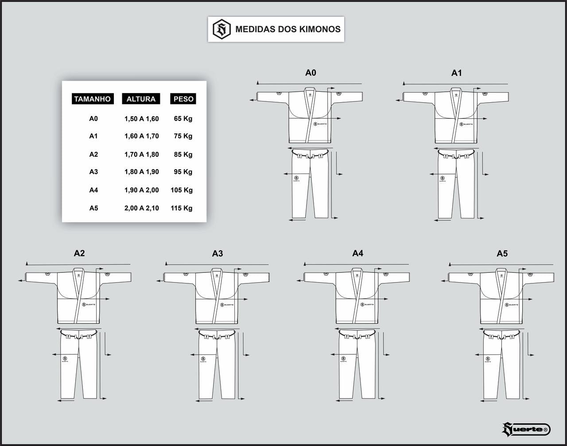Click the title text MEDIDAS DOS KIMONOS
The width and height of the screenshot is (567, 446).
[288, 29]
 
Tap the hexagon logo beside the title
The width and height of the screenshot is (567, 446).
[221, 29]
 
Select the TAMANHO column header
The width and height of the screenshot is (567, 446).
[92, 99]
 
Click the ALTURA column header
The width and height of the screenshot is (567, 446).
[141, 99]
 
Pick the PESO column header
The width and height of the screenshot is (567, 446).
[183, 99]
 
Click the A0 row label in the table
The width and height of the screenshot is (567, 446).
[93, 119]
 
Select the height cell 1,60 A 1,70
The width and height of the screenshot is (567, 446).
[141, 136]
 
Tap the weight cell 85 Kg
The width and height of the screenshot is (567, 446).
[183, 155]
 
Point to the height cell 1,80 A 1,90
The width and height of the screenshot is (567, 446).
[141, 172]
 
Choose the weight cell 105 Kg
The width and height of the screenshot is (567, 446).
[182, 190]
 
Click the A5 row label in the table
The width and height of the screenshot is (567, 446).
[93, 208]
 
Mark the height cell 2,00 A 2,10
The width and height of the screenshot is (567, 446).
[141, 208]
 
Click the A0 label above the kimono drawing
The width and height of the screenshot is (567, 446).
[311, 73]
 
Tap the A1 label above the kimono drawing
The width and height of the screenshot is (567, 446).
[456, 73]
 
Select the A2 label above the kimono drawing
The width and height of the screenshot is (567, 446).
[79, 253]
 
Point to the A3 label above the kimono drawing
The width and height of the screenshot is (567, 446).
[217, 254]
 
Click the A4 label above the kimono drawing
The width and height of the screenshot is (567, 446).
[357, 253]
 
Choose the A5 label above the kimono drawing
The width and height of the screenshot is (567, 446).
[502, 254]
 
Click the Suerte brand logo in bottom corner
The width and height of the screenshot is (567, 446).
[526, 429]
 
